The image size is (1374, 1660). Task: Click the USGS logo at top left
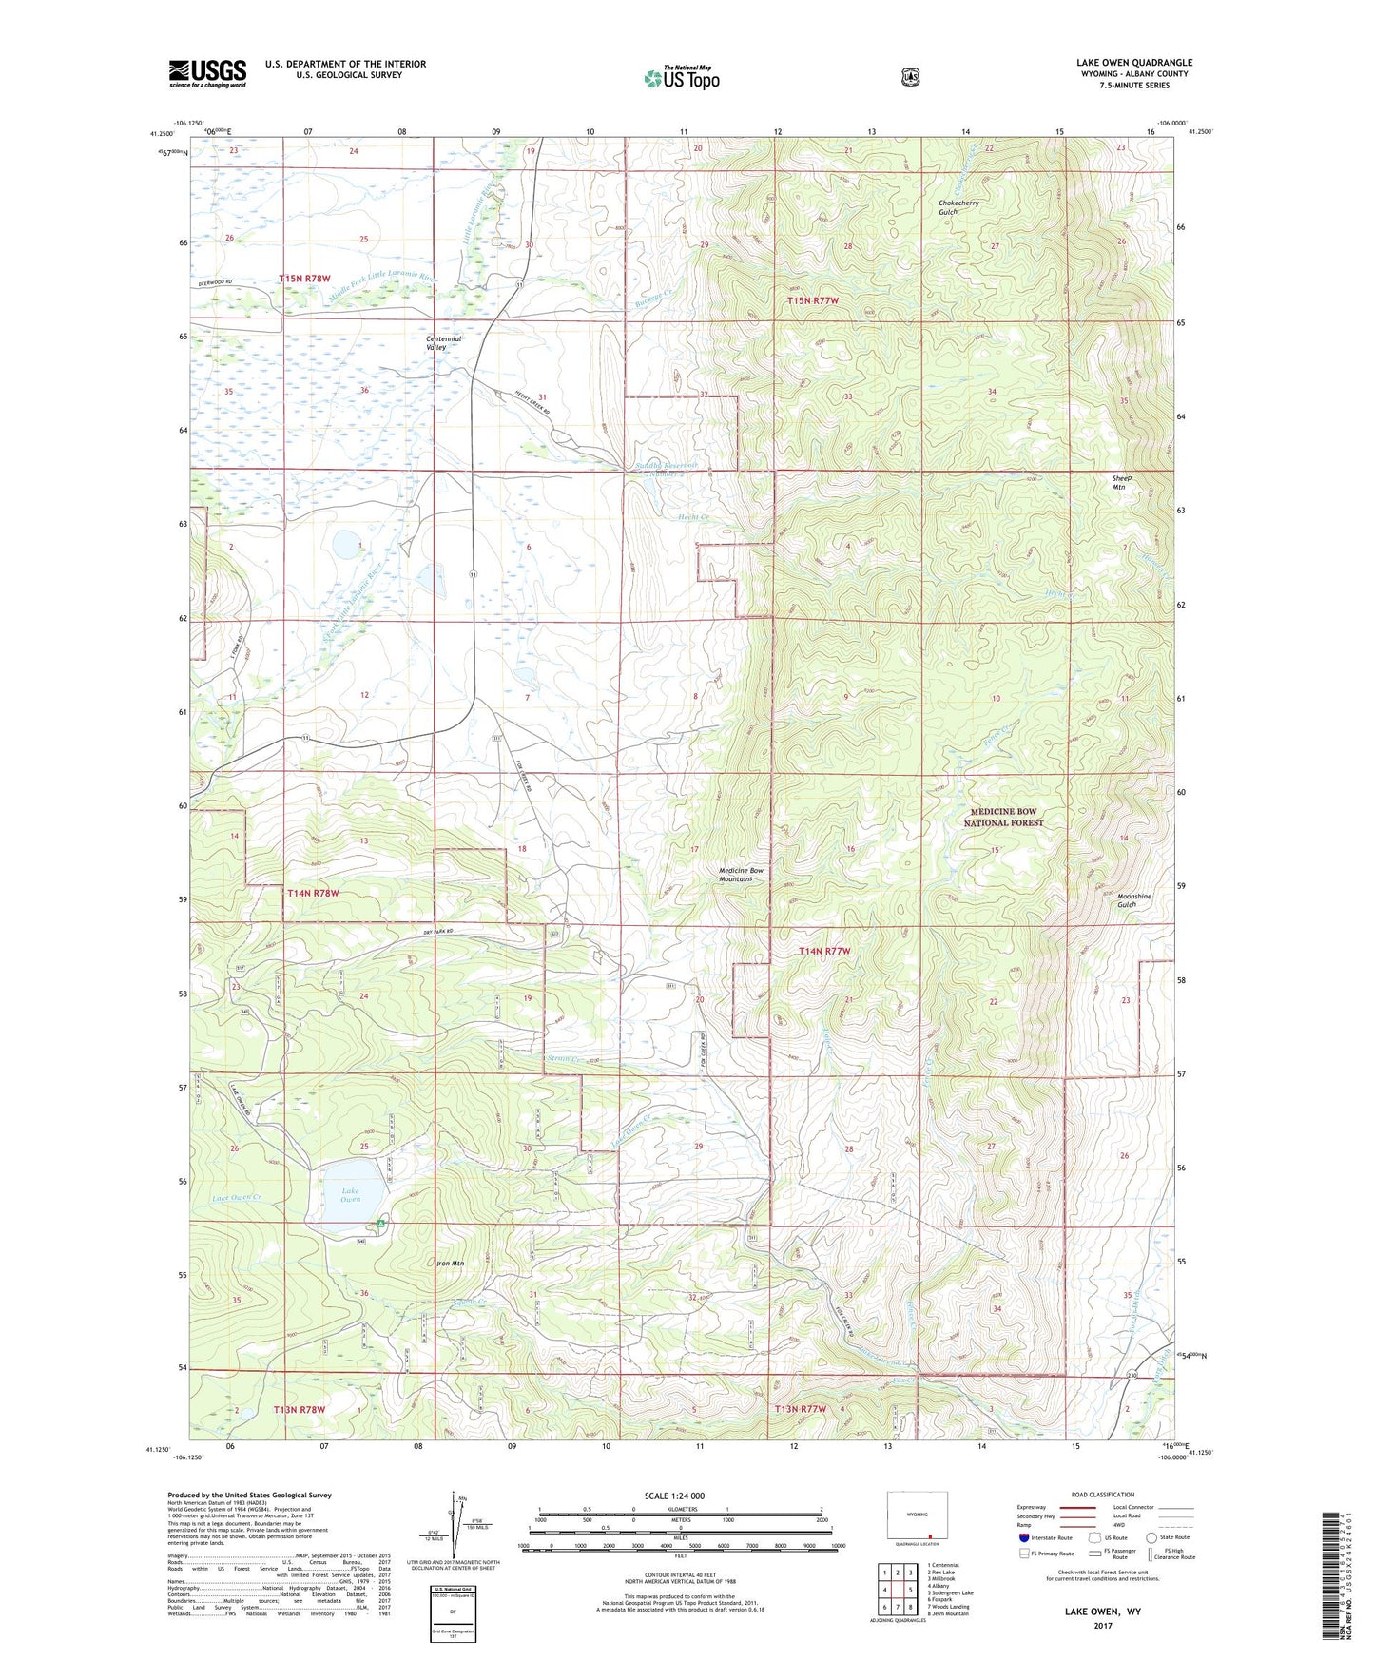click(x=207, y=73)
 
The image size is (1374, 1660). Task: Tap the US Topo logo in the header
click(x=680, y=78)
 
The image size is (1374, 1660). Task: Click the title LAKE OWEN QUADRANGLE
click(x=1129, y=63)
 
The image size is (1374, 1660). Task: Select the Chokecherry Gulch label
click(x=958, y=207)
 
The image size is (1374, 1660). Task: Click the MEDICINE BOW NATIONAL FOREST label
click(x=1003, y=817)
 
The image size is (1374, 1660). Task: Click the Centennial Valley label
click(x=443, y=343)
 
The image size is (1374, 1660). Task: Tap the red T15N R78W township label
click(x=304, y=279)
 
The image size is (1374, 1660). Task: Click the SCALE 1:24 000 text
click(x=674, y=1496)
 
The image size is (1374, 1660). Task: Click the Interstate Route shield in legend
click(x=1023, y=1537)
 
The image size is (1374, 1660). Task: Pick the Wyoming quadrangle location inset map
click(x=917, y=1518)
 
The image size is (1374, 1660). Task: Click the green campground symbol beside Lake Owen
click(x=381, y=1224)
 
